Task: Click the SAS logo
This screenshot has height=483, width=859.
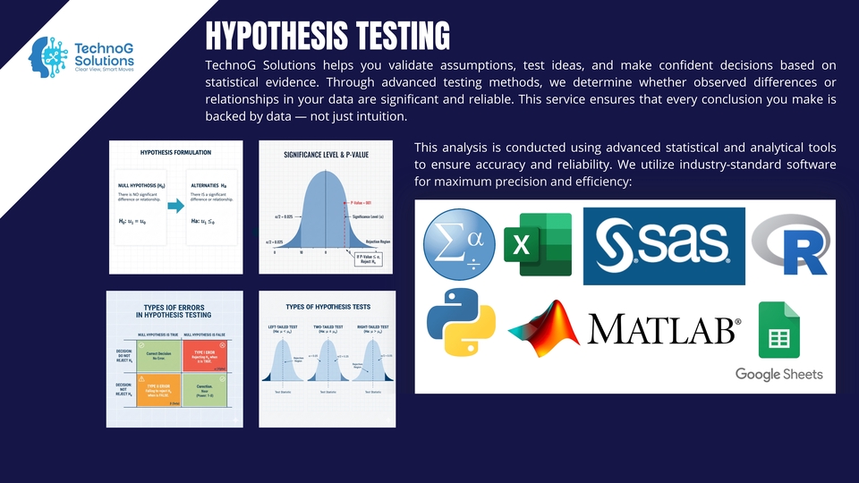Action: point(663,247)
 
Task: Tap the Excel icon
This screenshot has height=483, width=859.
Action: point(537,245)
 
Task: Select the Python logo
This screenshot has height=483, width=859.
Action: point(461,323)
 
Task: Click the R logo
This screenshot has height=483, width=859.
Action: point(789,245)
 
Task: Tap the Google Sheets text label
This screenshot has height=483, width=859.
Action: point(778,374)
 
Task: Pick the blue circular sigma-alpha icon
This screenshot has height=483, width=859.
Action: point(457,245)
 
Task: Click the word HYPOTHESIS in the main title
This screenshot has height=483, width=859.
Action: point(275,36)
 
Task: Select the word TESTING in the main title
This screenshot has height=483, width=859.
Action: point(401,36)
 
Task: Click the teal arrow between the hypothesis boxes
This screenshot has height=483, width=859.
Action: point(175,207)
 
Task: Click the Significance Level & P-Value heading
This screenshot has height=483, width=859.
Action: point(326,155)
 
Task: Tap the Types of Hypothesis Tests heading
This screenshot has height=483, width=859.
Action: point(327,307)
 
